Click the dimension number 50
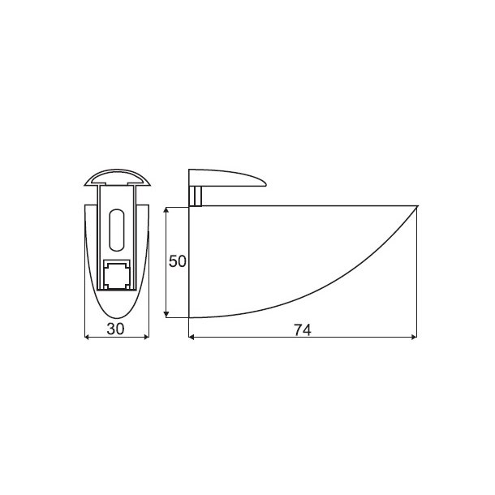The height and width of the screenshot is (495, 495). (178, 261)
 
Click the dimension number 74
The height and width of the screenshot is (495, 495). (302, 329)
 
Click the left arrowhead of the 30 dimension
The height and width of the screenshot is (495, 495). (88, 338)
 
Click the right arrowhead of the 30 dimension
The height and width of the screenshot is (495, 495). (147, 338)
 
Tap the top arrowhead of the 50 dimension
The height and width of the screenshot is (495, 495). (166, 209)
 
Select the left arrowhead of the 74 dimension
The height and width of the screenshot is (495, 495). (191, 338)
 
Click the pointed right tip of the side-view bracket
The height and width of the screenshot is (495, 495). (416, 206)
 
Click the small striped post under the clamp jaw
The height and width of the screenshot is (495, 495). (196, 196)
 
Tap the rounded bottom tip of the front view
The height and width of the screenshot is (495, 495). (118, 319)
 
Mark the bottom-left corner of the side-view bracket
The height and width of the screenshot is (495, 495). (189, 316)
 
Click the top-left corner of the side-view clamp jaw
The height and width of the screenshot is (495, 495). (190, 170)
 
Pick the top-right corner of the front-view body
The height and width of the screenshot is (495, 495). (148, 205)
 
